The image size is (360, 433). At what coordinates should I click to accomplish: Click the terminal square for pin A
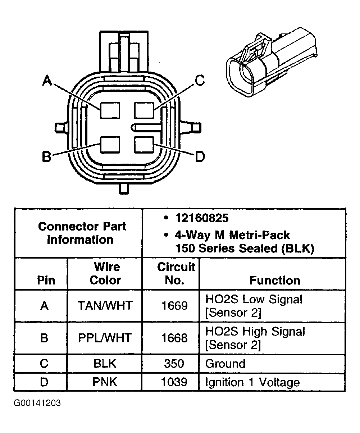109,110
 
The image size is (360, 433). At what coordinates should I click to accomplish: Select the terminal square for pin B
109,145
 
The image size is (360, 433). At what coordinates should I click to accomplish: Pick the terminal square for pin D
143,145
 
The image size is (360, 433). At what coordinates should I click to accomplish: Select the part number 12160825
201,218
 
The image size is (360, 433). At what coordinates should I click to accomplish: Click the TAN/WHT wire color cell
105,306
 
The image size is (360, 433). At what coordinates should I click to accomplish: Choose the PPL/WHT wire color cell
105,338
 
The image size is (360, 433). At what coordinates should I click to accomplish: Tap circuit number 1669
174,306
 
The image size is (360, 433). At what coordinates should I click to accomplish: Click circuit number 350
174,363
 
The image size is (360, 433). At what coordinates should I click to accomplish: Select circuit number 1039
174,382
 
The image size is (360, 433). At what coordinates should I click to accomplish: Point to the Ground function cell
225,363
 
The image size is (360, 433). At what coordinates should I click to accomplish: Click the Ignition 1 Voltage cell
252,382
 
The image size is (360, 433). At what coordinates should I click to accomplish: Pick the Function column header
275,280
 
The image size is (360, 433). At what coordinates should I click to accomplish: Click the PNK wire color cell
105,382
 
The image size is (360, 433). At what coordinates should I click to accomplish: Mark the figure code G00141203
37,403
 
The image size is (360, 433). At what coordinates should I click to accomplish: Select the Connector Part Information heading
82,233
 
